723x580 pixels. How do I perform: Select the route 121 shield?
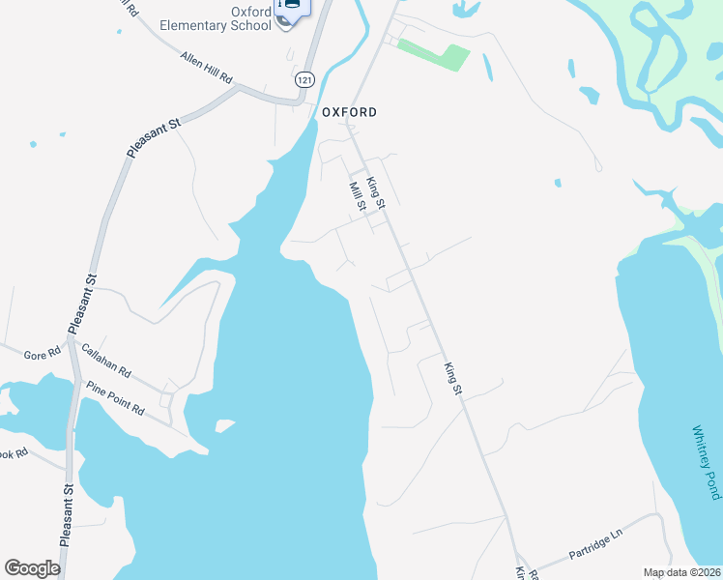tap(305, 79)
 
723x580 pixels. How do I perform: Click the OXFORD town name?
tap(349, 112)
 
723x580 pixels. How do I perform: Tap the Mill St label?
tap(357, 197)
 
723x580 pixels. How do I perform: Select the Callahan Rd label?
tap(106, 361)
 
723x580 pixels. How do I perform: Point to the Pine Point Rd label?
tap(115, 396)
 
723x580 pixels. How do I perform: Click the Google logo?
tap(32, 567)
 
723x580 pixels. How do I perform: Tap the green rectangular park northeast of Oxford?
tap(433, 54)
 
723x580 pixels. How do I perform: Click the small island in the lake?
tap(225, 425)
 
